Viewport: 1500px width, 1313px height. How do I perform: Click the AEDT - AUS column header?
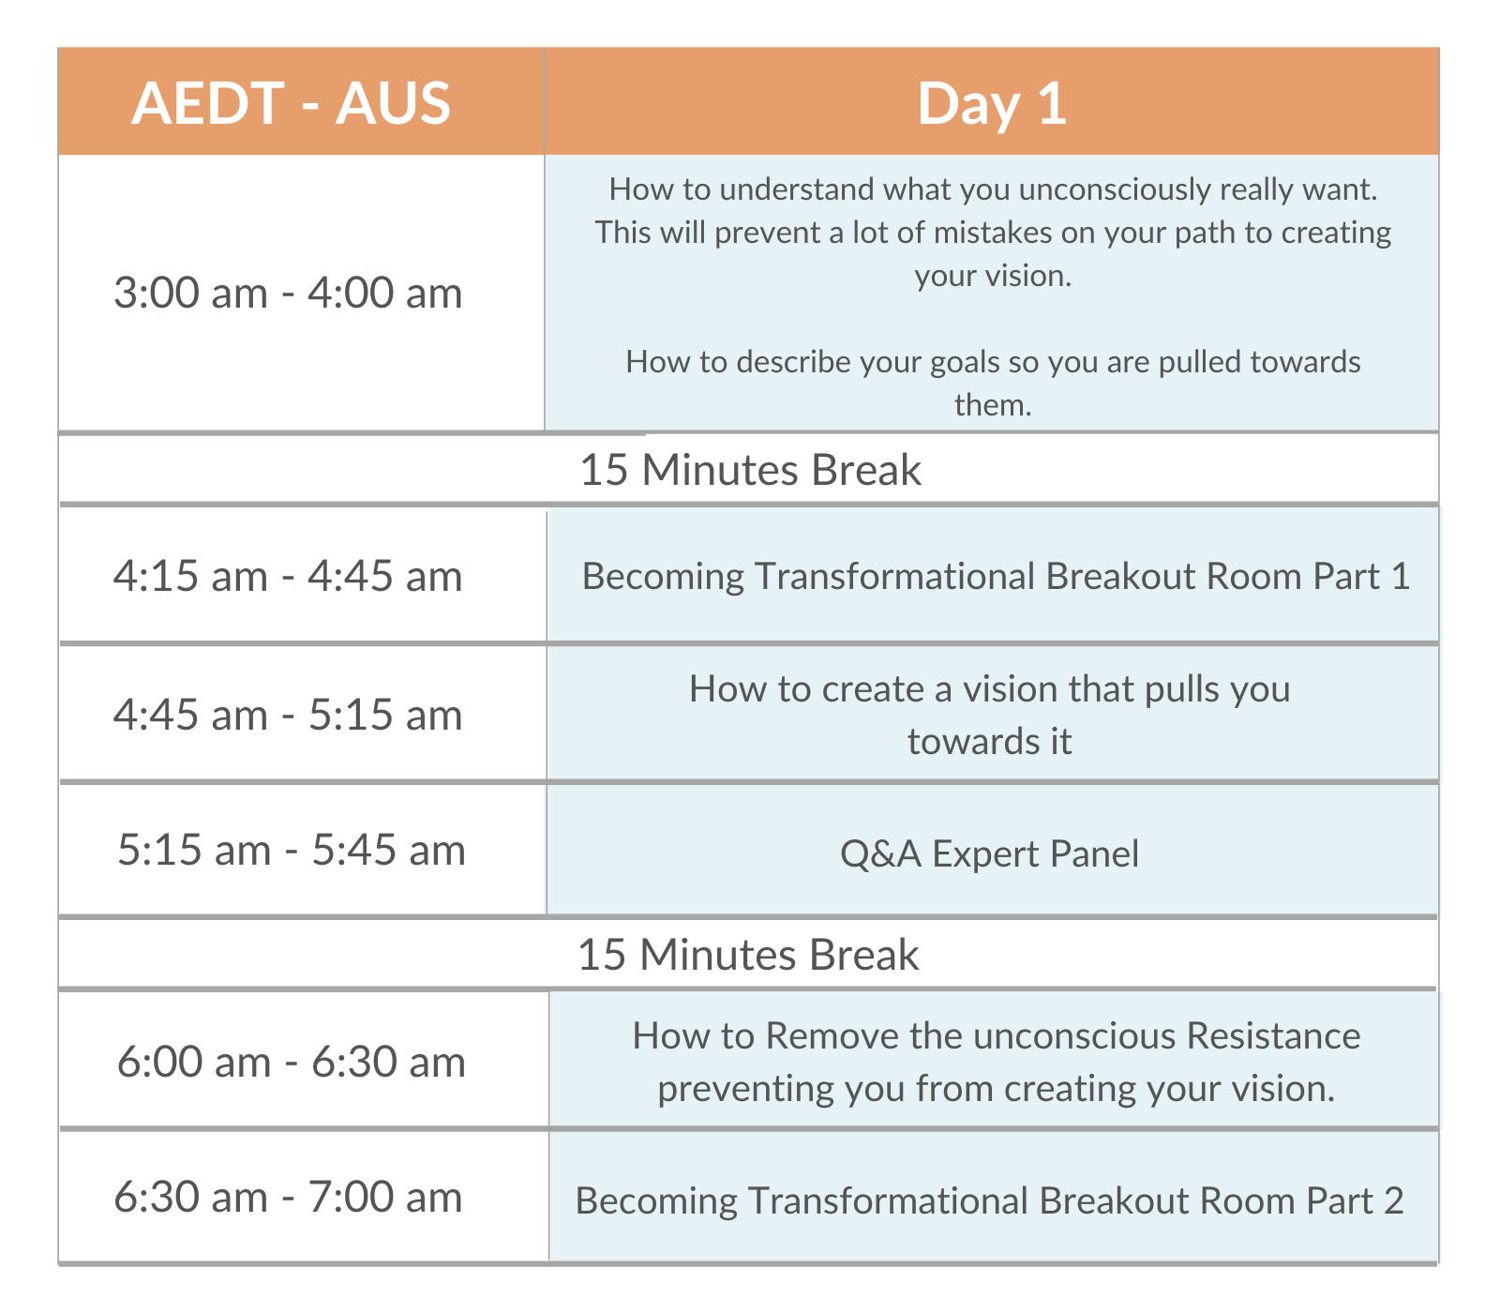(x=291, y=102)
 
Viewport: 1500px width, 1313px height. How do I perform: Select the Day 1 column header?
(x=992, y=103)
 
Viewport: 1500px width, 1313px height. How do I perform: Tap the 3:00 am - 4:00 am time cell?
(x=288, y=293)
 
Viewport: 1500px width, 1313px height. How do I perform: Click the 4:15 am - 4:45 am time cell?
(x=288, y=576)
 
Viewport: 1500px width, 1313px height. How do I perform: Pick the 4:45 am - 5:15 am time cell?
(x=288, y=715)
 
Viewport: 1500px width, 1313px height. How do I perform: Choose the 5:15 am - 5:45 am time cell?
(x=292, y=850)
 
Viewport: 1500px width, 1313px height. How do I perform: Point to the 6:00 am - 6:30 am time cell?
(x=292, y=1062)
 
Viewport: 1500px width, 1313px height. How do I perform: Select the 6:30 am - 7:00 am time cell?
(x=288, y=1197)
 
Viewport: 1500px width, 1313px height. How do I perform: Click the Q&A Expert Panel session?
(x=990, y=853)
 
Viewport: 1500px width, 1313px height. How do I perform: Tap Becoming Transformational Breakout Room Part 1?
(x=996, y=576)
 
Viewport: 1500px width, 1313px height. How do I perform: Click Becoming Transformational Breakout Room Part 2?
(x=990, y=1200)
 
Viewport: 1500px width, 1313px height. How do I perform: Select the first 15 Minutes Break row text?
(x=750, y=469)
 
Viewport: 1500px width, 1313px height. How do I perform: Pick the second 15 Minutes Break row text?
(x=748, y=954)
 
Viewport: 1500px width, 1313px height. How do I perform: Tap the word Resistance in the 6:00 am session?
(x=1272, y=1035)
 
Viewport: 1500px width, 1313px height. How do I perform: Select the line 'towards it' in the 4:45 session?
(x=990, y=741)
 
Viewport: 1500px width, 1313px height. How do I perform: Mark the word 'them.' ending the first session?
(x=993, y=404)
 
